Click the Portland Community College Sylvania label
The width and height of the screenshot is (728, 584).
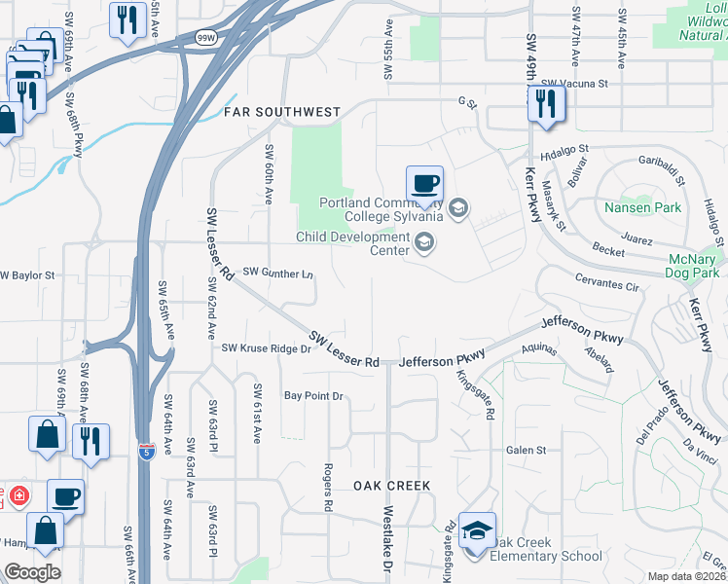point(381,209)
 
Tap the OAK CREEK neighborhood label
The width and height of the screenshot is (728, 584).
point(392,485)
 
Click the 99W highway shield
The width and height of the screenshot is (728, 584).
point(206,38)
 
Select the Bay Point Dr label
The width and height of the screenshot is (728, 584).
point(314,396)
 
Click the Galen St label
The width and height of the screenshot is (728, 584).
point(527,450)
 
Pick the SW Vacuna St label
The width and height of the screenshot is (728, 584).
point(575,85)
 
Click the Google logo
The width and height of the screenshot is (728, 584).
point(33,572)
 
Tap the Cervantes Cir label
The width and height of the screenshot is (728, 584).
point(605,287)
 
